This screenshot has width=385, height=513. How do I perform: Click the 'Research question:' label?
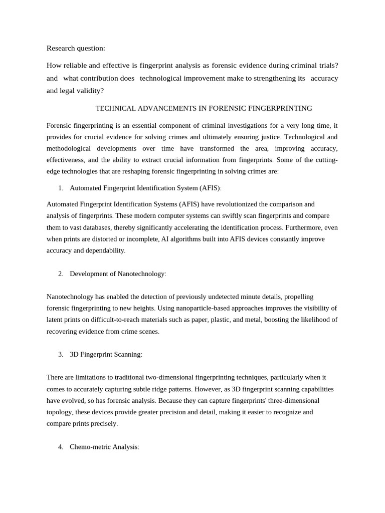[x=76, y=48]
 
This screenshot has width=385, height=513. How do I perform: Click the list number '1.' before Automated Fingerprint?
[x=61, y=188]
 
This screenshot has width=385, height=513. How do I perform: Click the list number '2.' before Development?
[x=61, y=274]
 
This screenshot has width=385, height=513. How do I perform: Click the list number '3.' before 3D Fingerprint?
[x=61, y=354]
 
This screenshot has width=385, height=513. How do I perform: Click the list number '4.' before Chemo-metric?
[x=61, y=446]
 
